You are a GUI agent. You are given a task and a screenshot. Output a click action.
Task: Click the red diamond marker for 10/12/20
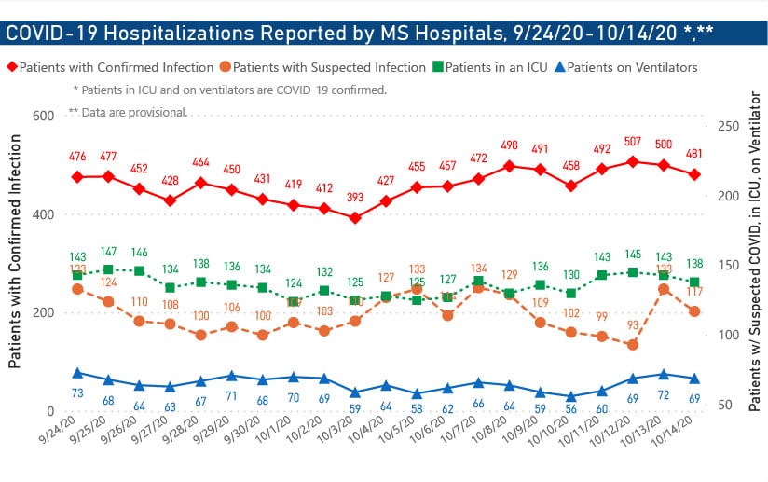point(633,161)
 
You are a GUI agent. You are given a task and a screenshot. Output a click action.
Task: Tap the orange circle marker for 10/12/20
point(633,344)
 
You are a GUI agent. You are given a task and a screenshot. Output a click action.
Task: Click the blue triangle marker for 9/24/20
point(77,373)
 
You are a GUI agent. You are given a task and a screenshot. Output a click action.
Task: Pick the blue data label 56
point(571,407)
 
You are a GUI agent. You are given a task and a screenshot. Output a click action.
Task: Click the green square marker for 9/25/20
point(108,269)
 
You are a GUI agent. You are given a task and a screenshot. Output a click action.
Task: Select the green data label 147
point(108,252)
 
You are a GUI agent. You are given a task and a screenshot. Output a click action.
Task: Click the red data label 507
point(633,143)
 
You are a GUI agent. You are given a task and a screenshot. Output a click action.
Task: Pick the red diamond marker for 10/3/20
point(355,217)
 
